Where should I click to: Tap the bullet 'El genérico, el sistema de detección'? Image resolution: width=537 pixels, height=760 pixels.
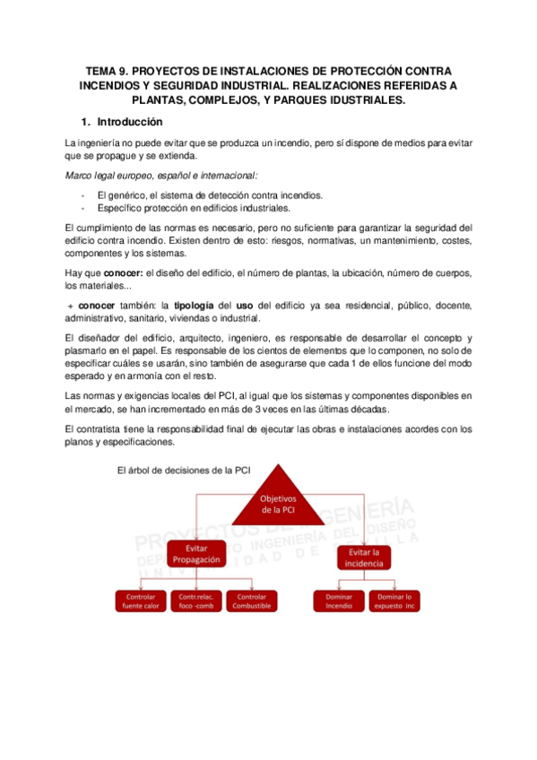[x=197, y=195]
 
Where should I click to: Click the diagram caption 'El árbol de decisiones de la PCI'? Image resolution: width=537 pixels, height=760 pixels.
[x=185, y=471]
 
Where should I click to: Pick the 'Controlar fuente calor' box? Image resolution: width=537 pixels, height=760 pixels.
[x=141, y=600]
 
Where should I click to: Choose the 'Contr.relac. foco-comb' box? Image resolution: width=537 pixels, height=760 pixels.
[x=195, y=600]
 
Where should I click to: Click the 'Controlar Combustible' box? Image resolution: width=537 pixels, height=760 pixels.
[x=251, y=600]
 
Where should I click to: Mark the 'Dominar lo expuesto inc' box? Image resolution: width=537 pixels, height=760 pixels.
[x=394, y=600]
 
